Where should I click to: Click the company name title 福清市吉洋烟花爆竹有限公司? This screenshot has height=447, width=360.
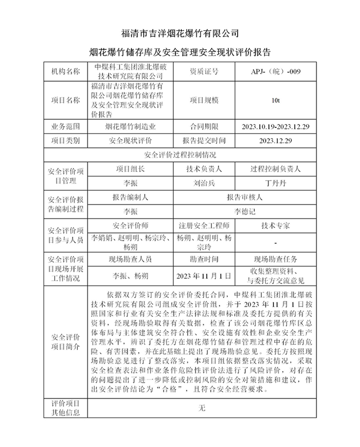coord(180,33)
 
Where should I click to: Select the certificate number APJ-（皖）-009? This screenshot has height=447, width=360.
coord(275,71)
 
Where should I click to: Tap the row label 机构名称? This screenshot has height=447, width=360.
coord(64,71)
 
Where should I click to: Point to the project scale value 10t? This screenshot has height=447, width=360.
coord(275,100)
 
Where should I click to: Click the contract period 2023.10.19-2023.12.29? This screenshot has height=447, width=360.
coord(275,126)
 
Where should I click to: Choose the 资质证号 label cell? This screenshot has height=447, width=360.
coord(203,71)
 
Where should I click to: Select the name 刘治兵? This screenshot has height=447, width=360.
coord(203,183)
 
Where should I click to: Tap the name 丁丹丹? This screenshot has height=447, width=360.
coord(275,183)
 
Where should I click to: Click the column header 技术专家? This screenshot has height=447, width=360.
coord(275,226)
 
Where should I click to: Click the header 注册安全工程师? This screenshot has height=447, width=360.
coord(203,226)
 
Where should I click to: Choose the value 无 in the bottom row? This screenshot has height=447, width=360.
coord(202,408)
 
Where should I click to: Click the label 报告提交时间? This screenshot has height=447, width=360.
coord(203,140)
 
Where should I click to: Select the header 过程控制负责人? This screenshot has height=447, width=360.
coord(275,169)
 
